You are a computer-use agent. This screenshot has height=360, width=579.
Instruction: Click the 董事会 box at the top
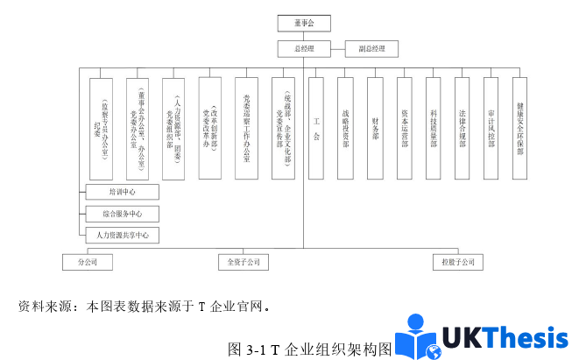click(303, 24)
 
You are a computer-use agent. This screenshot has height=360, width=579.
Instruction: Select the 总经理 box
click(303, 49)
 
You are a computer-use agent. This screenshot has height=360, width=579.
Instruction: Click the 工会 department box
click(316, 128)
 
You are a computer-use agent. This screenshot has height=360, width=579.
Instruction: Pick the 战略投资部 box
click(345, 128)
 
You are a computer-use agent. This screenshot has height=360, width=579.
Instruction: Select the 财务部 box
click(375, 128)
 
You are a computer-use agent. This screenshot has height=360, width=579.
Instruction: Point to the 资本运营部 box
click(404, 128)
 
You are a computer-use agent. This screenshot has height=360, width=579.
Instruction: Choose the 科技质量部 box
click(433, 128)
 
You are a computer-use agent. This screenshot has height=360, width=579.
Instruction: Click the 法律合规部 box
click(462, 128)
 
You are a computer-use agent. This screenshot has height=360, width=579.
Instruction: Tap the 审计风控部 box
click(491, 128)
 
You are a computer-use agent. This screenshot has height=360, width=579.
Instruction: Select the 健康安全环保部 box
click(519, 128)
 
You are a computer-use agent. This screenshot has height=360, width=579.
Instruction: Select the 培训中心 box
click(121, 192)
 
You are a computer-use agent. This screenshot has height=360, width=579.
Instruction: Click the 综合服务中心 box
click(121, 213)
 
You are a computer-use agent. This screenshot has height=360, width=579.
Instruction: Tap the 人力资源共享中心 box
click(121, 235)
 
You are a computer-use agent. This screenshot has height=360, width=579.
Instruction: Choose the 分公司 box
click(87, 261)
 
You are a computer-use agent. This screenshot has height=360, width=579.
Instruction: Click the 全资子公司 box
click(243, 261)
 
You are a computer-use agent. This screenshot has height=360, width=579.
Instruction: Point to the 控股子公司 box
click(458, 261)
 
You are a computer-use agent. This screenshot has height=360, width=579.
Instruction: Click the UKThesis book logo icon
click(418, 338)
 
